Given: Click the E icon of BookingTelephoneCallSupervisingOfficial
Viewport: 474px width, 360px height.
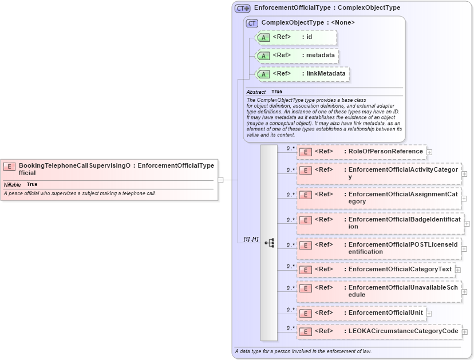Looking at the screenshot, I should (x=9, y=167).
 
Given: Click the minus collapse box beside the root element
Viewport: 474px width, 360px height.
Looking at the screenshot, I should (x=220, y=180).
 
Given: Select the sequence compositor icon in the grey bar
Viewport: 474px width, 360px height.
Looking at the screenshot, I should (x=269, y=243).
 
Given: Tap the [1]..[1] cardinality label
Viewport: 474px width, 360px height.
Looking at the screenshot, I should (x=251, y=239).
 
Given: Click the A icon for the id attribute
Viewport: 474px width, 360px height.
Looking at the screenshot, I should (x=263, y=38).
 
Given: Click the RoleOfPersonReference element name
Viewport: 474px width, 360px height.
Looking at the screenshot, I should (x=385, y=152).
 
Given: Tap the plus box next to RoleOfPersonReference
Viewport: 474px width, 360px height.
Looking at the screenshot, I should (x=429, y=152).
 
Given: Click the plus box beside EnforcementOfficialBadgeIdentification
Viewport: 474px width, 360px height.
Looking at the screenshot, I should (x=467, y=223).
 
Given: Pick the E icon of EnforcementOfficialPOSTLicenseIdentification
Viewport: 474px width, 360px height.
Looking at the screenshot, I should (x=305, y=246).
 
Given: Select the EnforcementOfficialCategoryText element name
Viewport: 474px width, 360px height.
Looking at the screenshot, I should (x=400, y=269).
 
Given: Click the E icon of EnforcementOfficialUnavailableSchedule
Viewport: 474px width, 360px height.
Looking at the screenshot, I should (x=305, y=288).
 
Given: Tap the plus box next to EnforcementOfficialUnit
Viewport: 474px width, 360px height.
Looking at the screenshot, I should (x=429, y=313).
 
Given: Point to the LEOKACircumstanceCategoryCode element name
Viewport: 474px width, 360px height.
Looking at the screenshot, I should (x=403, y=331).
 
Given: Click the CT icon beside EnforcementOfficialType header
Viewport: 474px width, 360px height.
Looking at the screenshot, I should (x=243, y=9).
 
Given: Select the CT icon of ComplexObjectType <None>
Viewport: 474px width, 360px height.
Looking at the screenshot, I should (x=252, y=23).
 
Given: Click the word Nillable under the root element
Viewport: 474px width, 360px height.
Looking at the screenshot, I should (x=13, y=185).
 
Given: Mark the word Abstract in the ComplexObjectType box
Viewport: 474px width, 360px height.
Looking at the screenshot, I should (x=256, y=92).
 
